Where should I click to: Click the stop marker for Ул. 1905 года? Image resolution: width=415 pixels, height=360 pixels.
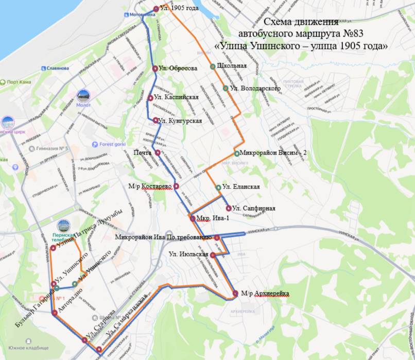point(156,9)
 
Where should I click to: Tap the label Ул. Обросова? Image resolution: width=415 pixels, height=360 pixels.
point(178,68)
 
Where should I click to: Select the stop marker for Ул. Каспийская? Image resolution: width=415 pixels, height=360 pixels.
point(150,98)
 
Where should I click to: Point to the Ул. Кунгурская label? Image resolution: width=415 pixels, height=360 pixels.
point(180,121)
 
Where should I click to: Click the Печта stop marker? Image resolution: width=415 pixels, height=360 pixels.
point(158,152)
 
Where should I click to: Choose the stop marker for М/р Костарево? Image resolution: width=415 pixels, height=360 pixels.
point(176,186)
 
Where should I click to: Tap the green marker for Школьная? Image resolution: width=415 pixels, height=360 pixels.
point(212,66)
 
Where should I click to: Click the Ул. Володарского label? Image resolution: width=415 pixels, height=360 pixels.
point(255,89)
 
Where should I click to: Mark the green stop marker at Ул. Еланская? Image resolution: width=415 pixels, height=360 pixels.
point(218,187)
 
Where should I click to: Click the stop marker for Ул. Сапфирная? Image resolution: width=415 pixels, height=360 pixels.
point(229,208)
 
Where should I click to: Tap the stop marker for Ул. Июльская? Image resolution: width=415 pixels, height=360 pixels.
point(213,255)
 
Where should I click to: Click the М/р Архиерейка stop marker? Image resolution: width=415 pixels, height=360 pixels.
point(235,293)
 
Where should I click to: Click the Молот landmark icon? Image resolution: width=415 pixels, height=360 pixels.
point(83,95)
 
